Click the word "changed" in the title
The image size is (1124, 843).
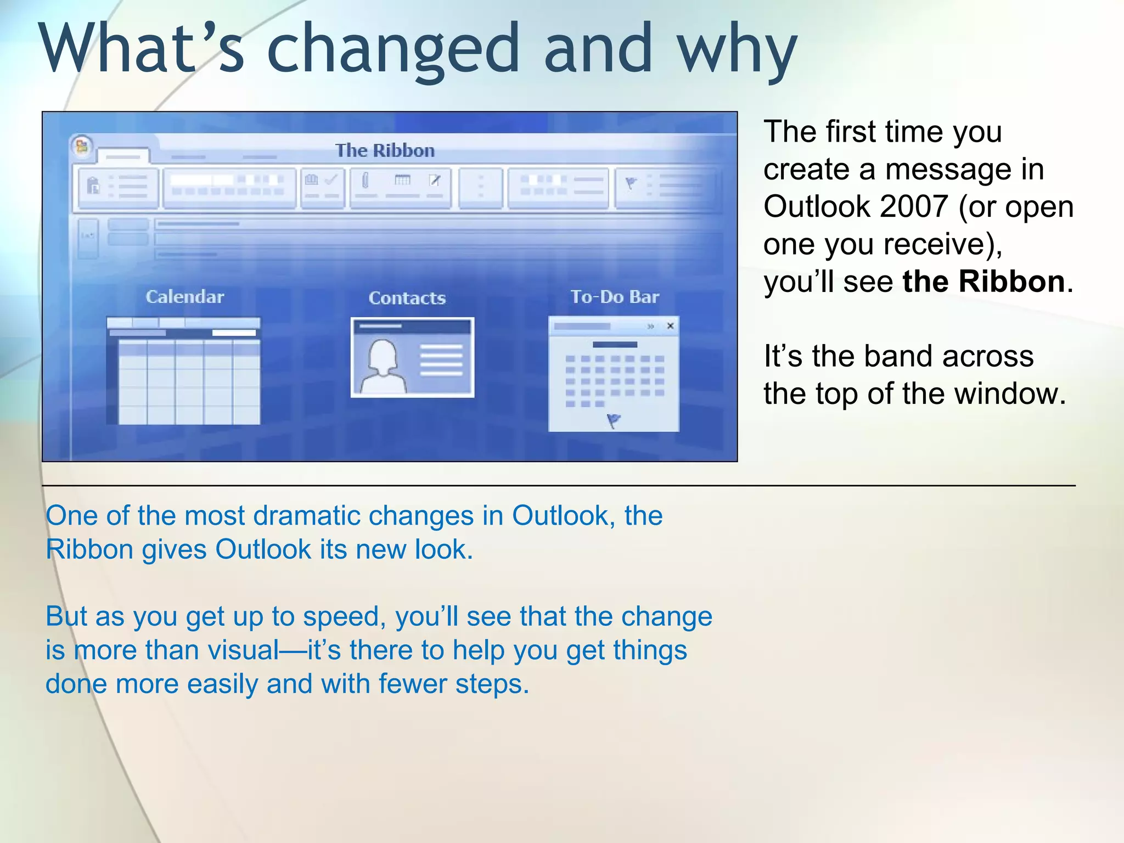point(393,49)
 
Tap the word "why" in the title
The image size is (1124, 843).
point(737,49)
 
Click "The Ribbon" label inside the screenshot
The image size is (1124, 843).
point(385,150)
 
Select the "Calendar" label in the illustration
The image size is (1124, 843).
point(185,297)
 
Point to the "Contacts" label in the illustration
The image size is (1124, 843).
point(407,298)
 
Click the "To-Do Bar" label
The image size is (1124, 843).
point(615,297)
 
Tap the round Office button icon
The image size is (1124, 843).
point(82,146)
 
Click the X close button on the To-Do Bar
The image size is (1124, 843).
point(670,326)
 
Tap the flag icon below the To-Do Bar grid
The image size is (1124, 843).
point(614,421)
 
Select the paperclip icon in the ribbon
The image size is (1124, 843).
point(366,180)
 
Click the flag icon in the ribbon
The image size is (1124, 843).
point(631,183)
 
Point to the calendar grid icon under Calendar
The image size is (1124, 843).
point(183,371)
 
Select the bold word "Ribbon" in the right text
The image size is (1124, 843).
point(1011,282)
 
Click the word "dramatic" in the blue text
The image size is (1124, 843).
point(306,516)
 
